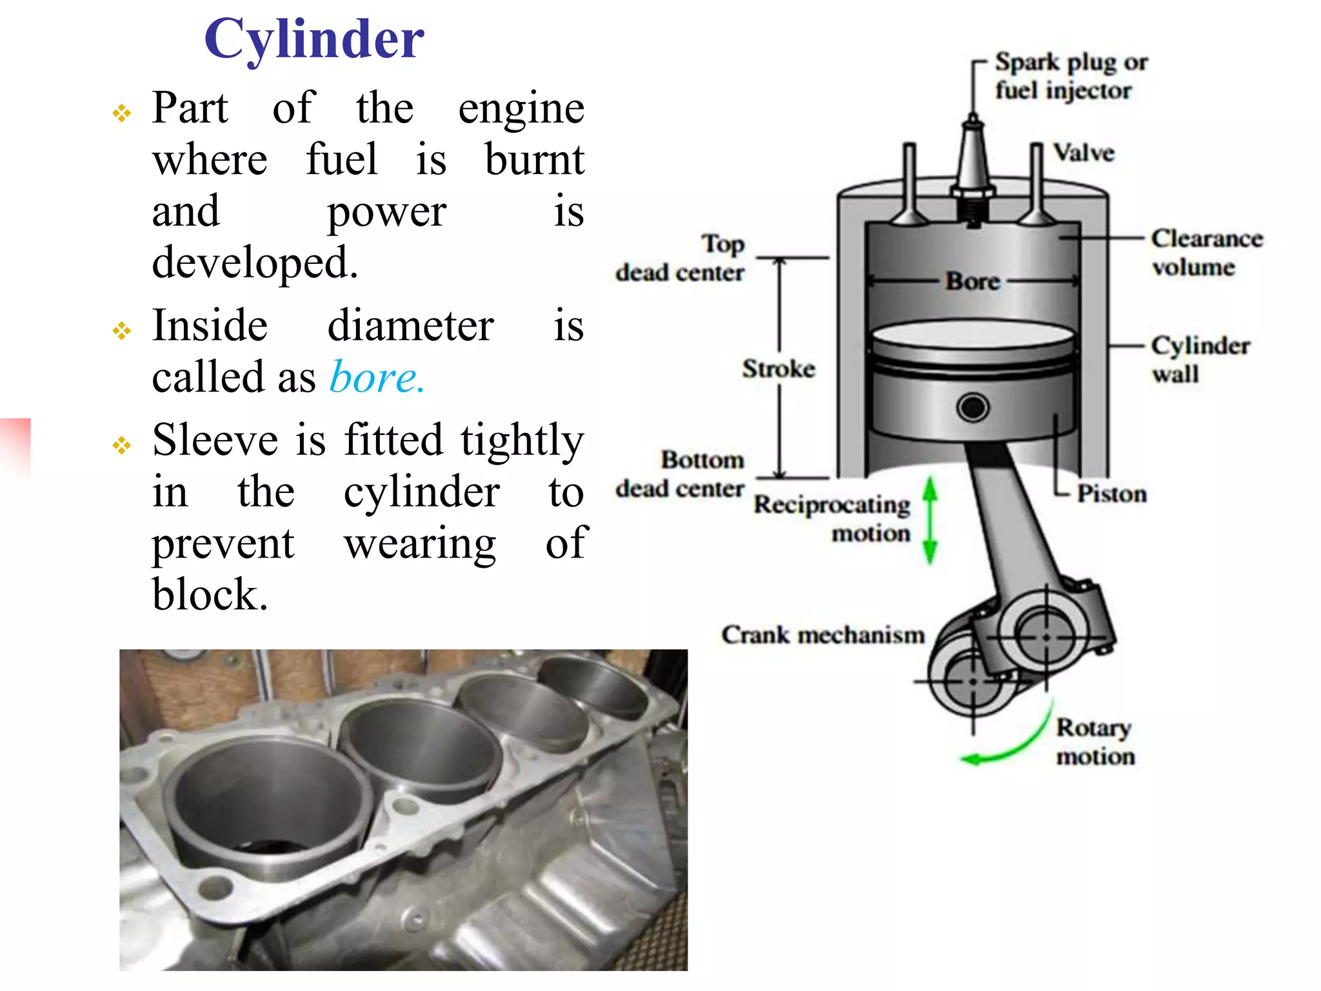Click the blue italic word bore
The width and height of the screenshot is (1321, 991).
(x=376, y=377)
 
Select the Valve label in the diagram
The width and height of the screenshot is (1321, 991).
(x=1084, y=154)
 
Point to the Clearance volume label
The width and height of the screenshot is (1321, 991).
(x=1206, y=252)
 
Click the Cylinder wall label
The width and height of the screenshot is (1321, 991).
(x=1200, y=359)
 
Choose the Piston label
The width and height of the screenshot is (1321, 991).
(x=1112, y=494)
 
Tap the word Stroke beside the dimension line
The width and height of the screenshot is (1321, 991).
(x=779, y=369)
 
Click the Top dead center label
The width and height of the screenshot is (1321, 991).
(x=680, y=258)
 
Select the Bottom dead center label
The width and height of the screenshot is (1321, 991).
(x=680, y=474)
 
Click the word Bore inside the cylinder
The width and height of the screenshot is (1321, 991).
(x=973, y=281)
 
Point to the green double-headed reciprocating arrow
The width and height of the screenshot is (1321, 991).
(x=929, y=520)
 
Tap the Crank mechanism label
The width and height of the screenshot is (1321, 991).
(x=823, y=635)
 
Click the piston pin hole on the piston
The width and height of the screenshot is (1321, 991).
(x=973, y=408)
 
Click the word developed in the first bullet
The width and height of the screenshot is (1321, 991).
(x=255, y=263)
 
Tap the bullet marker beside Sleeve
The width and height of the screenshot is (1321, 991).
(x=121, y=445)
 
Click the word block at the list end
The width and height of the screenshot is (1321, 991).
(x=210, y=595)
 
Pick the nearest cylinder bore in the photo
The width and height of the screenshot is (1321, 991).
(x=264, y=806)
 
